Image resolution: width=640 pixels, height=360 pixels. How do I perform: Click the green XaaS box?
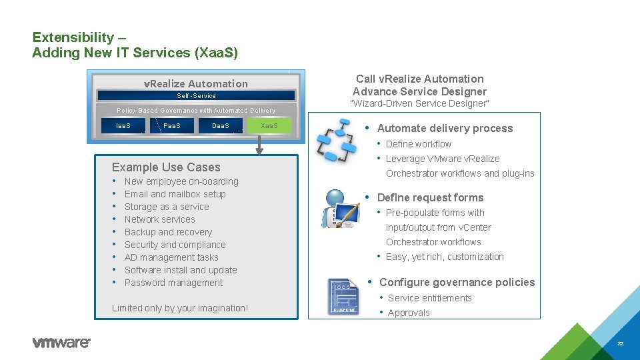point(269,126)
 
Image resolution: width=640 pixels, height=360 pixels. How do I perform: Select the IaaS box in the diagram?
point(123,126)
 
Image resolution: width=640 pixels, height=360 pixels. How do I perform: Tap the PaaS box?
point(171,126)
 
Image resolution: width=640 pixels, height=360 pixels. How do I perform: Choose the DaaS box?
point(220,126)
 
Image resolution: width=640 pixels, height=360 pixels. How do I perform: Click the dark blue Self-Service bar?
point(196,96)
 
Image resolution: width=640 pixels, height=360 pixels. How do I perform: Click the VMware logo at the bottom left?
point(61,343)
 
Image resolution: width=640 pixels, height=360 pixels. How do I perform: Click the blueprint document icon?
point(343,296)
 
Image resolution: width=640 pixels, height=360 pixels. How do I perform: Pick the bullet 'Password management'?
point(173,283)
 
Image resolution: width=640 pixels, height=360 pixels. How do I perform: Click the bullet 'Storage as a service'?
point(167,207)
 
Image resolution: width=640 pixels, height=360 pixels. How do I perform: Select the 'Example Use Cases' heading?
point(166,167)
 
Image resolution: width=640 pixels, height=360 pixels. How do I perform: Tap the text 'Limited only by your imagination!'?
point(180,308)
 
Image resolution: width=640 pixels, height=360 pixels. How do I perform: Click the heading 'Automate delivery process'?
point(445,129)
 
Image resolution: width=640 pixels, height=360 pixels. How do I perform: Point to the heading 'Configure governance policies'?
point(457,283)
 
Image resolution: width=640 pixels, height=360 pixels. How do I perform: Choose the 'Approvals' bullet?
point(409,313)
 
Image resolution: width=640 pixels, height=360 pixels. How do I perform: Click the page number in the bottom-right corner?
point(620,343)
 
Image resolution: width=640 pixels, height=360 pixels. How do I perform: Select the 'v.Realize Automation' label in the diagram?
point(196,84)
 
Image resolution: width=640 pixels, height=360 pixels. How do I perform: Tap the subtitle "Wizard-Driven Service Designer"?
point(419,104)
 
